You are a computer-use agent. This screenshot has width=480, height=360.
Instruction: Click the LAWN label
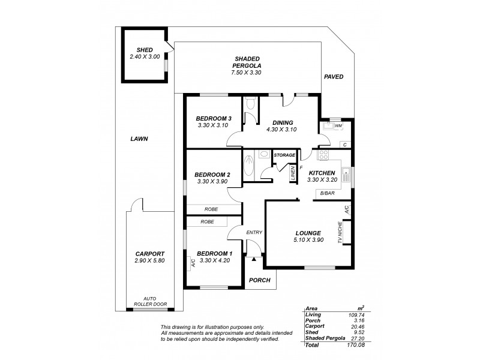(x=139, y=139)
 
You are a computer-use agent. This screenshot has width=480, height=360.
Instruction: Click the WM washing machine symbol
(x=338, y=126)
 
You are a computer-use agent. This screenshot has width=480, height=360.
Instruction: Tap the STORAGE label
(x=284, y=155)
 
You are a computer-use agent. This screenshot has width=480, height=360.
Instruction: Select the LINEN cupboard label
(x=293, y=174)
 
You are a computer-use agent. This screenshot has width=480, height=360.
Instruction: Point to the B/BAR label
(x=327, y=193)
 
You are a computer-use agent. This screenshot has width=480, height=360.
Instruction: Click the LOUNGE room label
(x=308, y=233)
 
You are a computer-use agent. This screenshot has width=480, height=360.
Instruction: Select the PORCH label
(x=260, y=280)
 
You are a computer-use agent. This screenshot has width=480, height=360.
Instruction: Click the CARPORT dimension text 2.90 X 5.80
(x=149, y=262)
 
